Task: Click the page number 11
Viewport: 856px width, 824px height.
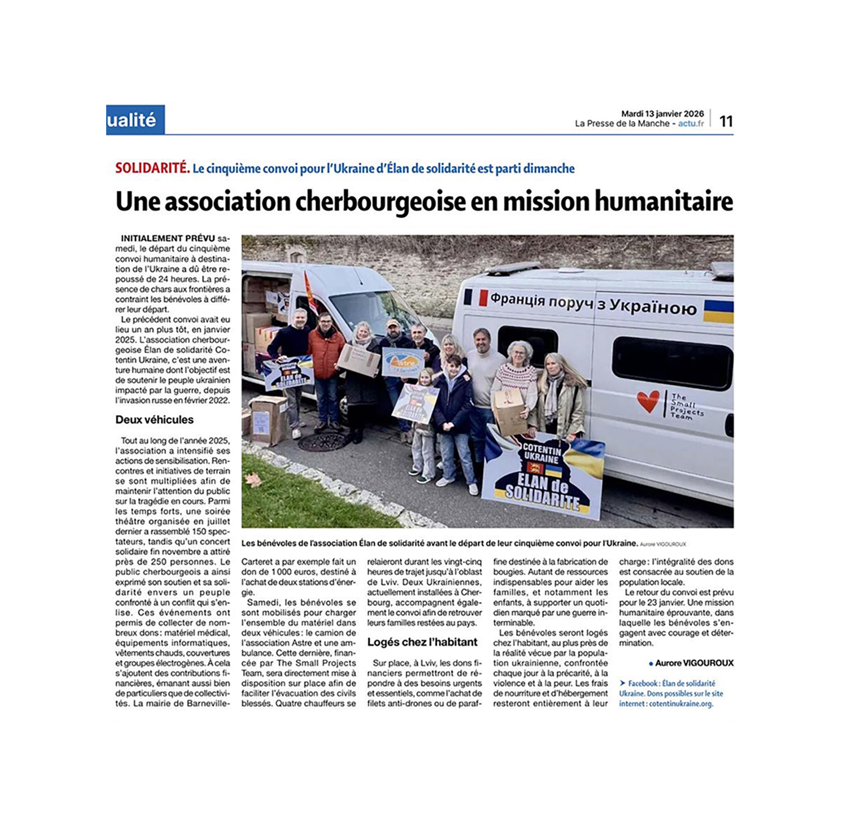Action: [x=725, y=121]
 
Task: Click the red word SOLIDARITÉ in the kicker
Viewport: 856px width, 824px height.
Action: [x=152, y=168]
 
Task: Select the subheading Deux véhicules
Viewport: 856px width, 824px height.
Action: [x=154, y=420]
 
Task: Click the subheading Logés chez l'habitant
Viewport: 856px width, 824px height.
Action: [x=422, y=642]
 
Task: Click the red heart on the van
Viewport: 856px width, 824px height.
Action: [x=647, y=400]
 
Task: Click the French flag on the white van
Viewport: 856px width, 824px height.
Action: [x=476, y=297]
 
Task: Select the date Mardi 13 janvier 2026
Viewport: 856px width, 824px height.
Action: [x=662, y=114]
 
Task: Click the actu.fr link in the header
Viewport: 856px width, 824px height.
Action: [x=691, y=123]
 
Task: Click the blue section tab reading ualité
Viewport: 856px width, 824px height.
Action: [x=134, y=120]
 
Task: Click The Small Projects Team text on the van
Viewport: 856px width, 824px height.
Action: [x=686, y=406]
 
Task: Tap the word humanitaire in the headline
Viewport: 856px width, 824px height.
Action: [x=663, y=202]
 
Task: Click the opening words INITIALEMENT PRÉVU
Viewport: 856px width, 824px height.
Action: [x=168, y=239]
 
